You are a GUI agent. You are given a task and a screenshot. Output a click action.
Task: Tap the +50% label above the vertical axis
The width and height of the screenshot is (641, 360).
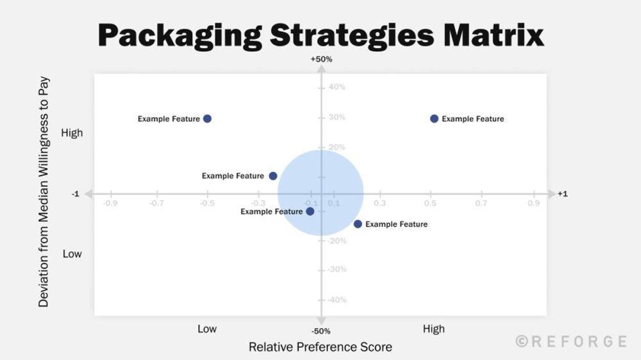pyautogui.click(x=321, y=60)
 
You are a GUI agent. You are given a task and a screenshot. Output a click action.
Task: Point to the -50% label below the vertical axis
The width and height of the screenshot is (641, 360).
pyautogui.click(x=321, y=331)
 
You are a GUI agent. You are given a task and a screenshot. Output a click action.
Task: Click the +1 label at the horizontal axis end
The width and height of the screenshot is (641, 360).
pyautogui.click(x=562, y=194)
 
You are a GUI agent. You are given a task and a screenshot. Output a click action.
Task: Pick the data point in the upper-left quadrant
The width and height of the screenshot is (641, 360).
pyautogui.click(x=207, y=119)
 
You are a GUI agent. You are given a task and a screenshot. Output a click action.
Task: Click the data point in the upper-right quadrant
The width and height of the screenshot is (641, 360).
pyautogui.click(x=434, y=119)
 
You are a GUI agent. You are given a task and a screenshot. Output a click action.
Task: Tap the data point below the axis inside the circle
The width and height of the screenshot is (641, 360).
pyautogui.click(x=310, y=211)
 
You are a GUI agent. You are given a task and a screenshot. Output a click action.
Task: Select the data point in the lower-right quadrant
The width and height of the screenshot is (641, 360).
pyautogui.click(x=358, y=224)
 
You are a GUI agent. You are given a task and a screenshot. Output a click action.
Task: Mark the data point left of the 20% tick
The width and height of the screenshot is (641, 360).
pyautogui.click(x=273, y=176)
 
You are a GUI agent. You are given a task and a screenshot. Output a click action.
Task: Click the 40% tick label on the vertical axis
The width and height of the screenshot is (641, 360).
pyautogui.click(x=337, y=87)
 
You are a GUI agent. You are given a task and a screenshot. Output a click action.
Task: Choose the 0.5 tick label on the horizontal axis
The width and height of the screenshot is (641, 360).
pyautogui.click(x=430, y=204)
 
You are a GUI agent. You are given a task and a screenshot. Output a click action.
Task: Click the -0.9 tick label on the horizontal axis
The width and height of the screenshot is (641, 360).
pyautogui.click(x=111, y=204)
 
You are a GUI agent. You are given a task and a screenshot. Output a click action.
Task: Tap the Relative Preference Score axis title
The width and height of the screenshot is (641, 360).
pyautogui.click(x=320, y=347)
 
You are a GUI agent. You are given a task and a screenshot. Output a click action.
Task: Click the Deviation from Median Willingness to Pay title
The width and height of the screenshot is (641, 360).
pyautogui.click(x=44, y=192)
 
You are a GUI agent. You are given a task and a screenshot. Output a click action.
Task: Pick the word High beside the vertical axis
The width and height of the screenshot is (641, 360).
pyautogui.click(x=72, y=133)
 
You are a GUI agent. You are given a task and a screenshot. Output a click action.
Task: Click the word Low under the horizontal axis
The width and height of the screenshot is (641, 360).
pyautogui.click(x=207, y=329)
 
